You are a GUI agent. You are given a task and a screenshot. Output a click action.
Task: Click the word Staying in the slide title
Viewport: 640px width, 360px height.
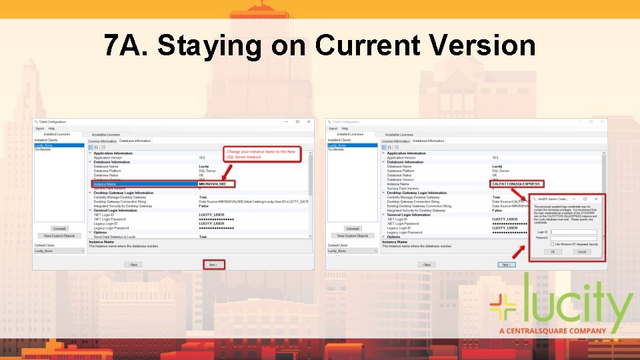click(x=210, y=46)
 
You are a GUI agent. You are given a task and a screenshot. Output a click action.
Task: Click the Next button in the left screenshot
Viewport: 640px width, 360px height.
click(x=213, y=264)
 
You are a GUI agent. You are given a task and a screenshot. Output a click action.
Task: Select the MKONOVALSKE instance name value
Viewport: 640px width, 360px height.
click(x=213, y=184)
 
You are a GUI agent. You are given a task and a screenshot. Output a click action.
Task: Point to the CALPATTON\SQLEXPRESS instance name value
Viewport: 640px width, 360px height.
click(x=515, y=184)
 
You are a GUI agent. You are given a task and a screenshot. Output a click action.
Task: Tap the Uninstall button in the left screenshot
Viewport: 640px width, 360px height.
click(x=59, y=229)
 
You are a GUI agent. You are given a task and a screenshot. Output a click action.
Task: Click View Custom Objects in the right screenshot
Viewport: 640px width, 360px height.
click(x=353, y=235)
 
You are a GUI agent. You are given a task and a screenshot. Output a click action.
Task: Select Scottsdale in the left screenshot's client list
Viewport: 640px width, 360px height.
click(x=43, y=149)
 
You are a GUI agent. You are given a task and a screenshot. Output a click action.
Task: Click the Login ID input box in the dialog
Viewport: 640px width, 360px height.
click(x=573, y=232)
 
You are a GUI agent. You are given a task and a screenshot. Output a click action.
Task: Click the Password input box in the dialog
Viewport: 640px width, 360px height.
click(x=573, y=238)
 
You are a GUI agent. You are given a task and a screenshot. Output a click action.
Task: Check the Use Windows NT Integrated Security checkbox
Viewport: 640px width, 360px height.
click(x=553, y=245)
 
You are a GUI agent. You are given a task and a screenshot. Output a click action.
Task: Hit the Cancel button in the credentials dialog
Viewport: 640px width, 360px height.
click(x=581, y=252)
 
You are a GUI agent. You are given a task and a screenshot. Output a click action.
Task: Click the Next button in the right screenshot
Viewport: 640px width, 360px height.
click(x=507, y=264)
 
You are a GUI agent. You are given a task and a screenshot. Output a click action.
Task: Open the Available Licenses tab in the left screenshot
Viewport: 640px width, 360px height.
click(x=106, y=134)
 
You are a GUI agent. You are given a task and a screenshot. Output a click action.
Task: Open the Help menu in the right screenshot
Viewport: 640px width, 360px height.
click(x=345, y=128)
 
